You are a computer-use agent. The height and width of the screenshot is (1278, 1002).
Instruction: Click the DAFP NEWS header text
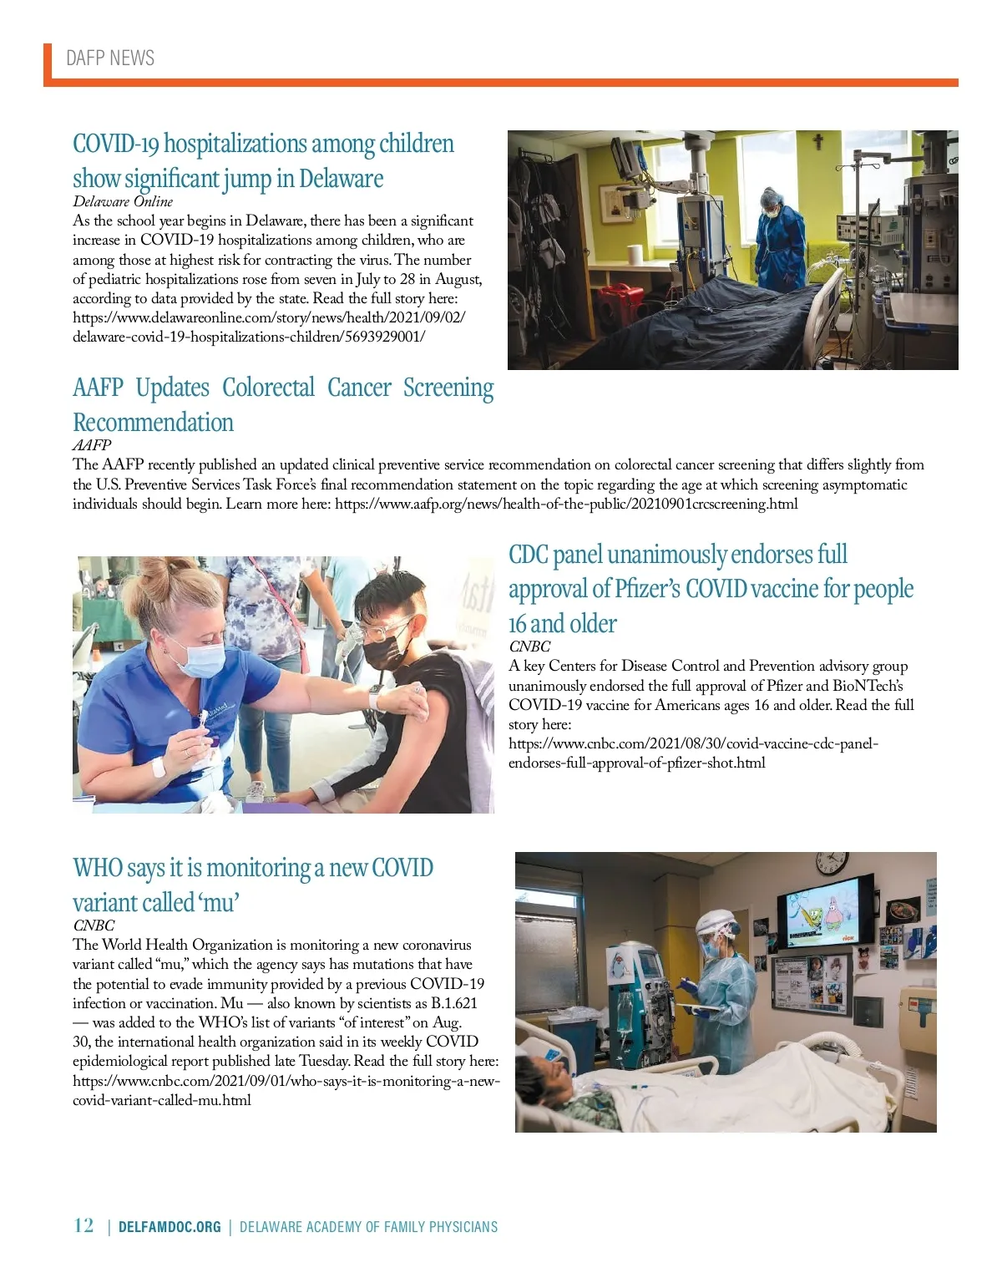pyautogui.click(x=110, y=58)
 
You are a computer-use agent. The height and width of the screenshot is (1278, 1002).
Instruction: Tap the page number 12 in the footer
pyautogui.click(x=83, y=1225)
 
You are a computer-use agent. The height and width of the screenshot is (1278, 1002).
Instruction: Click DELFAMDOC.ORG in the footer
pyautogui.click(x=170, y=1227)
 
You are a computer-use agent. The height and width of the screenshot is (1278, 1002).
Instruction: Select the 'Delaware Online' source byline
pyautogui.click(x=123, y=201)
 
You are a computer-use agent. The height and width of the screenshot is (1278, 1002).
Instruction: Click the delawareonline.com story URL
pyautogui.click(x=269, y=327)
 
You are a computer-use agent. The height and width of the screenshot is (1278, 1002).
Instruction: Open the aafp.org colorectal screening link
pyautogui.click(x=566, y=504)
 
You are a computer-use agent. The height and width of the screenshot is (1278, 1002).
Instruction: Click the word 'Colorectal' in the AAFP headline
pyautogui.click(x=268, y=388)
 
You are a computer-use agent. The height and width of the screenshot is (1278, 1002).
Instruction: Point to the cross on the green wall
pyautogui.click(x=818, y=141)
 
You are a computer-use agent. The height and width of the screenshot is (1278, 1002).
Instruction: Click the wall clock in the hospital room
pyautogui.click(x=831, y=862)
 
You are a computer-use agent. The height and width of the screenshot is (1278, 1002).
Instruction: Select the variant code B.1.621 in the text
pyautogui.click(x=453, y=1003)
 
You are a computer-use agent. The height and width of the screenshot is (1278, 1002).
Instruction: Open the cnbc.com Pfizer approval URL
pyautogui.click(x=693, y=753)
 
